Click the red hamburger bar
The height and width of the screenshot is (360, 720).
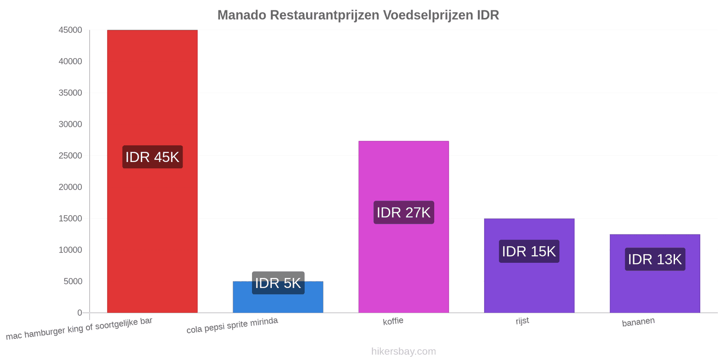point(153,171)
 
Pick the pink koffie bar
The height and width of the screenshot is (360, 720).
point(404,227)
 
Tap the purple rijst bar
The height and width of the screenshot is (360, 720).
point(529,266)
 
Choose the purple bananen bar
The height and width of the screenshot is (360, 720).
point(655,274)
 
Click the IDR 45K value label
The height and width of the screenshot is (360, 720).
point(153,157)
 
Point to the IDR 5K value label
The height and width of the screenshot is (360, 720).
point(278,283)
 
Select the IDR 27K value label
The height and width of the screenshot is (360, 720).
point(404,212)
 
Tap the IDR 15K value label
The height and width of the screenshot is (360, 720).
point(529,252)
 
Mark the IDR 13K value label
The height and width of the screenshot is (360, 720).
point(655,259)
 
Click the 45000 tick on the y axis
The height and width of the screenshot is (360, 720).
point(70,30)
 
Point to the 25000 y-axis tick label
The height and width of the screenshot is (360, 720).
point(70,156)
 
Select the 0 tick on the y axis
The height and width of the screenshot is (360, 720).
point(80,313)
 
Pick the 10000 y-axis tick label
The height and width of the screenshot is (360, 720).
point(70,250)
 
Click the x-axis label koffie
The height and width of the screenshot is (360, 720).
point(393,321)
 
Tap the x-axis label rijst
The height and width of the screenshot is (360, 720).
point(522,321)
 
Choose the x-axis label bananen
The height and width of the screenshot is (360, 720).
point(639,322)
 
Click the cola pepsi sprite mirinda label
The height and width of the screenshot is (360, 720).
point(232,325)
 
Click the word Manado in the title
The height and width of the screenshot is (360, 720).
point(242,15)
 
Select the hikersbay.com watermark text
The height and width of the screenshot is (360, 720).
point(404,351)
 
